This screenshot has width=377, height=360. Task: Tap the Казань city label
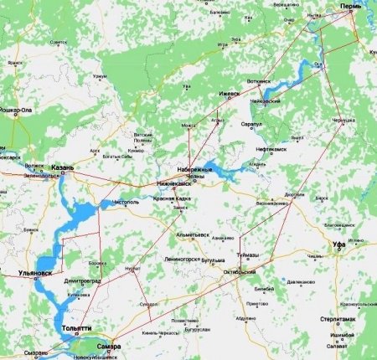(x=63, y=167)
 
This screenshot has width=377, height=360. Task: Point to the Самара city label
(x=108, y=346)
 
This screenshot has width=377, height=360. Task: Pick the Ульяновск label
(x=34, y=273)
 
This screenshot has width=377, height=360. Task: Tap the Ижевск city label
(x=229, y=94)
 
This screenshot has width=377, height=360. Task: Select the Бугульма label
(x=215, y=262)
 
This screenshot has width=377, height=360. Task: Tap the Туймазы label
(x=248, y=254)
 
